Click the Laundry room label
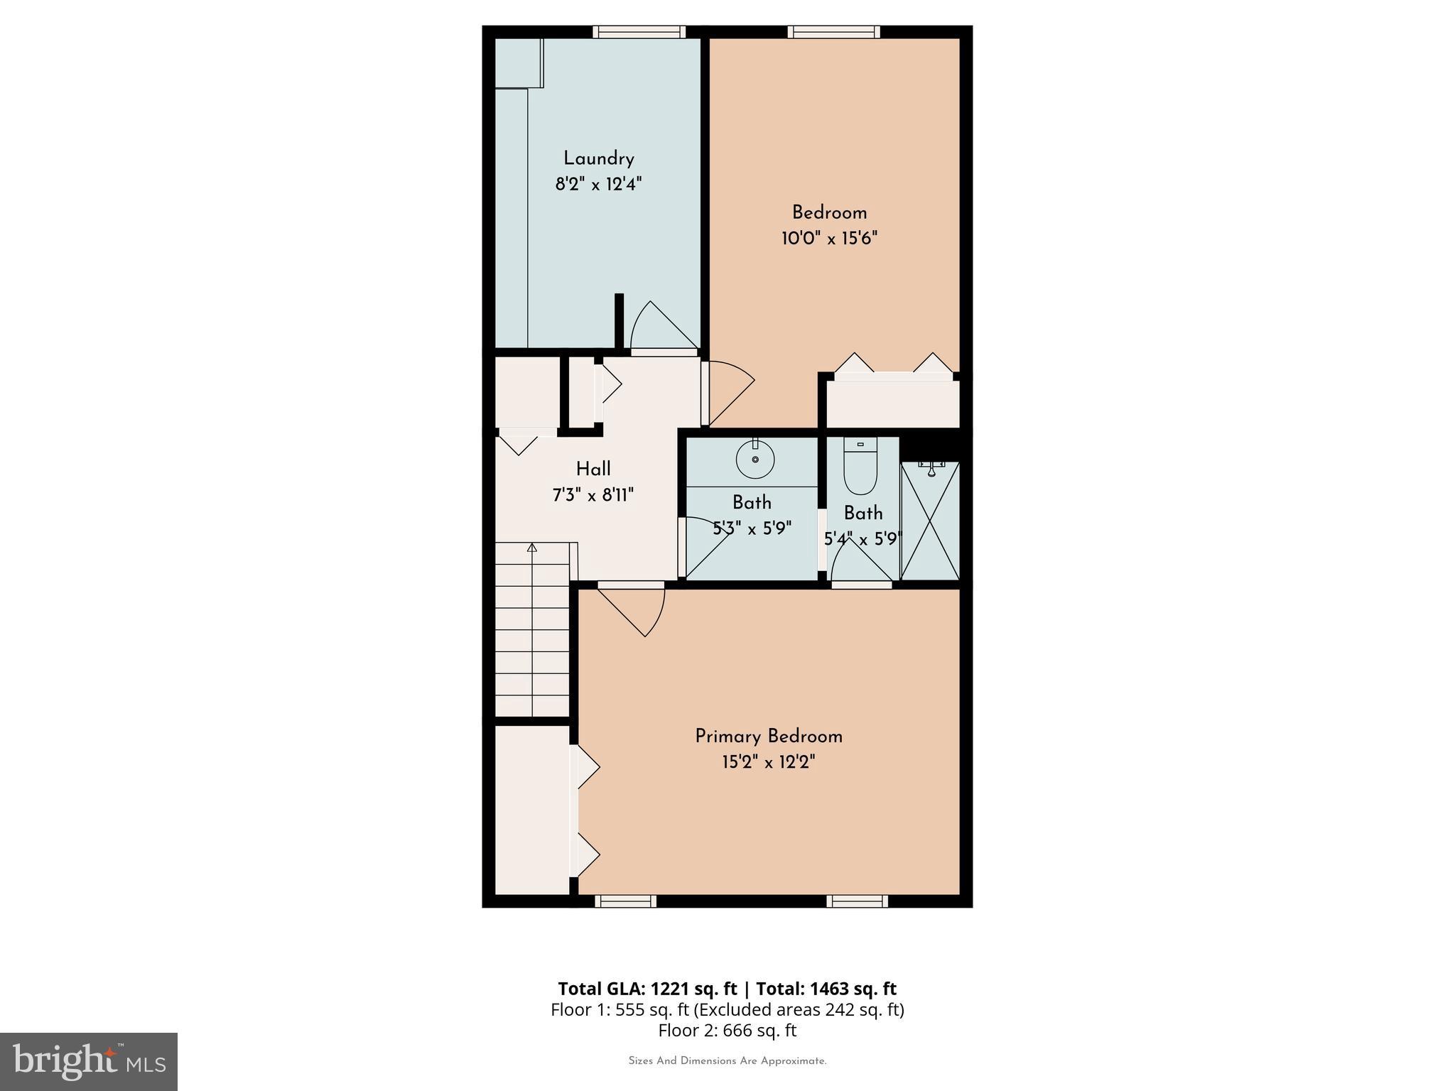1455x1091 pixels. (x=598, y=158)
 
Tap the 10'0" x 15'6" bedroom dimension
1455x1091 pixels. (x=829, y=238)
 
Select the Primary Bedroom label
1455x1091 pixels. (x=768, y=737)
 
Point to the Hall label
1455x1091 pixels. (x=593, y=469)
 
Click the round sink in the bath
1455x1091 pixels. (x=754, y=460)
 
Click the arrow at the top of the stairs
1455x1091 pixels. (x=531, y=547)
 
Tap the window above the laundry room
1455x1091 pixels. (x=639, y=31)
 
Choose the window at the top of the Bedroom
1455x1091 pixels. (x=833, y=31)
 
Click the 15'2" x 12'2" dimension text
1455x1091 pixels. (x=768, y=762)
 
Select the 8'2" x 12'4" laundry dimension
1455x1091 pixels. (x=598, y=185)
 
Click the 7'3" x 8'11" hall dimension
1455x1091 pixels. (x=593, y=494)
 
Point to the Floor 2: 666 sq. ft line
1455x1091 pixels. (x=727, y=1030)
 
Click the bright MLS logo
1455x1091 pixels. (x=89, y=1061)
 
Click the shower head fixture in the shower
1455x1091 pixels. (x=930, y=469)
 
